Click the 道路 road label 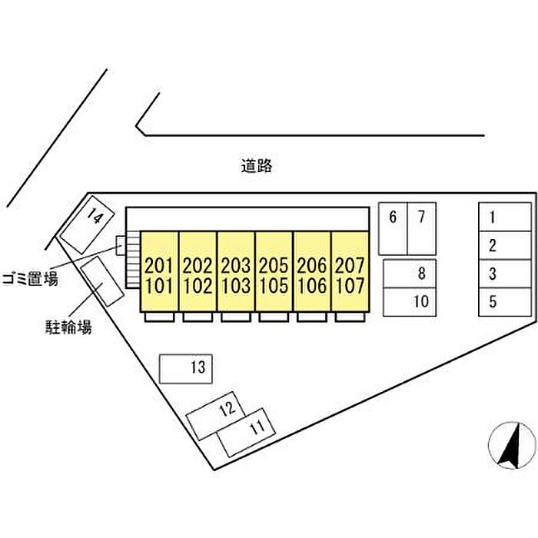[256, 166]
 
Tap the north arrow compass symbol [512, 446]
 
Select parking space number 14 [87, 224]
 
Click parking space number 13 [186, 368]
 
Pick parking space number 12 [215, 416]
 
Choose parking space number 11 [247, 432]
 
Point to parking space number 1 [505, 217]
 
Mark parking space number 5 [505, 302]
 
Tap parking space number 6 [393, 228]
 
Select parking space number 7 [422, 228]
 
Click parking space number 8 [410, 274]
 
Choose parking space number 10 [410, 302]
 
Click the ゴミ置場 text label [30, 279]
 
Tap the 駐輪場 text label [69, 327]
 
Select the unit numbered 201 [159, 265]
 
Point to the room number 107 [350, 286]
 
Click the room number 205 [274, 265]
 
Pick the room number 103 [236, 286]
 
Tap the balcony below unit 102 [198, 317]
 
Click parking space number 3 [505, 274]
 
